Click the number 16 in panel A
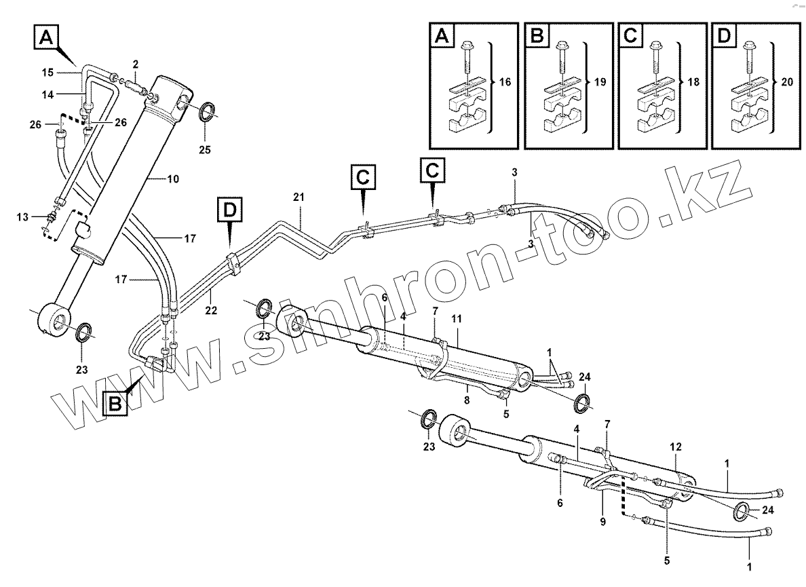click(x=504, y=82)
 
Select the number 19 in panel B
click(x=598, y=82)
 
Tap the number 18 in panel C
click(x=692, y=82)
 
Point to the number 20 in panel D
click(x=787, y=82)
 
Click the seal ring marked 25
click(x=210, y=111)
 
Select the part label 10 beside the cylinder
click(x=172, y=179)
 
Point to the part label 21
click(x=299, y=197)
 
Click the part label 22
click(x=211, y=310)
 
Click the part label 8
click(x=467, y=390)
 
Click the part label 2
click(x=136, y=64)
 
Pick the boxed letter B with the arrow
click(x=115, y=404)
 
